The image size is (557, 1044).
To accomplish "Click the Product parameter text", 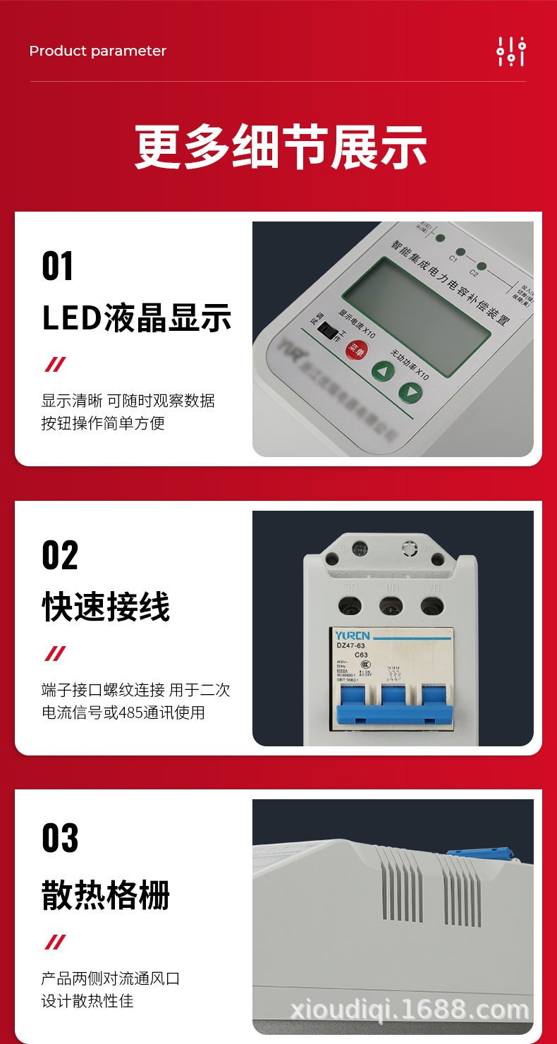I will coord(97,51).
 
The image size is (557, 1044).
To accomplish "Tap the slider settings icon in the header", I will coord(511,51).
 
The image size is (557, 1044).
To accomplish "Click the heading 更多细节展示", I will coord(281,147).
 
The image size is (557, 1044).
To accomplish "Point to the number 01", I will coord(57,267).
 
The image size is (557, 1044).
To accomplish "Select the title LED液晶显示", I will coord(137,318).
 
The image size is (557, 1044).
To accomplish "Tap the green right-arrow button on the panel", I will coord(410,392).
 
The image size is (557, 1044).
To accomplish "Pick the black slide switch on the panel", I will coord(326,329).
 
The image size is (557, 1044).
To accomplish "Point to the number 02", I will coord(59,555).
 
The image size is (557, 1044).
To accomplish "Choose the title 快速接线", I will coord(106,607).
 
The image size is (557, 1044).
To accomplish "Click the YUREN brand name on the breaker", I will coord(352,635).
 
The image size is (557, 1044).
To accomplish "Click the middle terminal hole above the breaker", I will coord(390,605).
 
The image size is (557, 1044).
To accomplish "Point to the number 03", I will coord(59,838).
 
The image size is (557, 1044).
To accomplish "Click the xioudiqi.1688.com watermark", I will coord(409,1009).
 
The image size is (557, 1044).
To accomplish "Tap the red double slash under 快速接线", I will coord(55,653).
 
